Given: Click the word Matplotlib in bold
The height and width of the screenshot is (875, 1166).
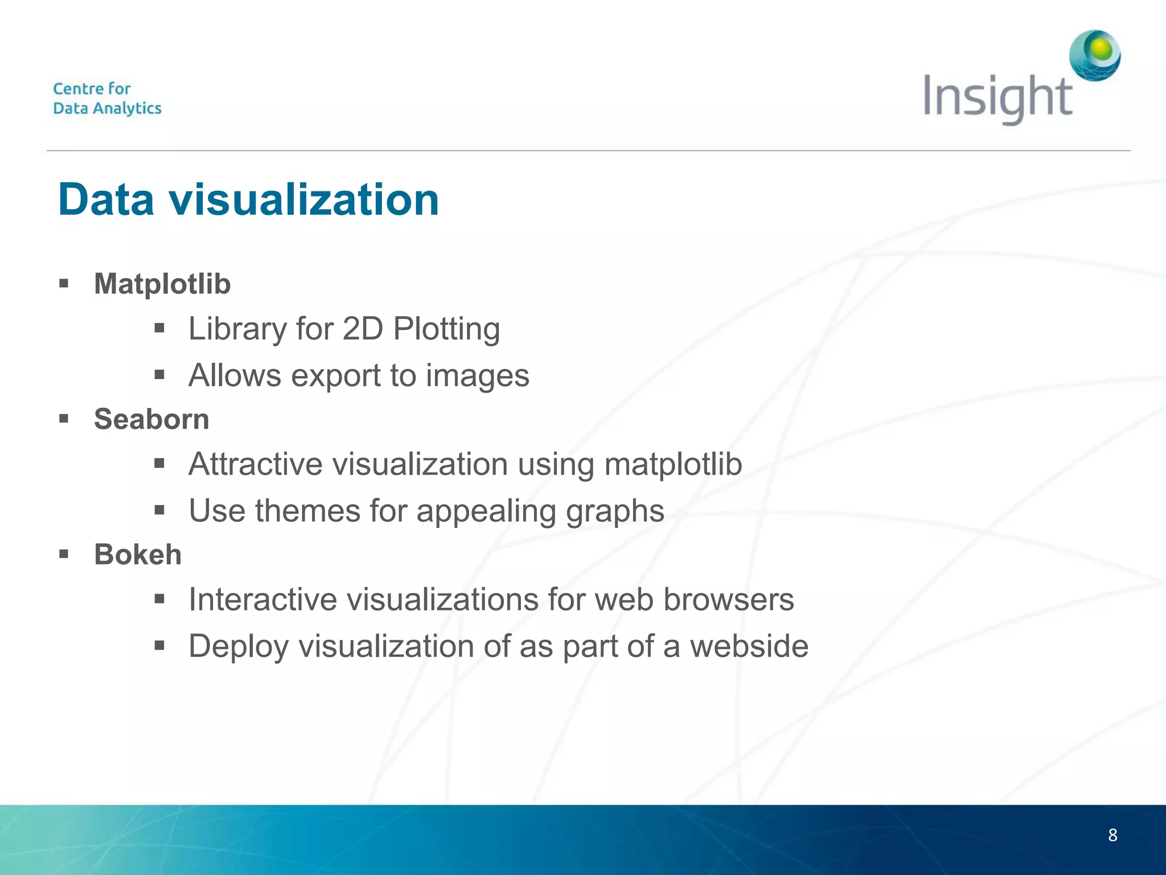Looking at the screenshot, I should click(162, 284).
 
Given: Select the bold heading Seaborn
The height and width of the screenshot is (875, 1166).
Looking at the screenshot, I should click(151, 419).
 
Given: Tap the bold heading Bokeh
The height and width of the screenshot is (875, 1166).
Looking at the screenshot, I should click(138, 554).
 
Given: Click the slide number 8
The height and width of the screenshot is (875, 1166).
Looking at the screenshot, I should click(1112, 835).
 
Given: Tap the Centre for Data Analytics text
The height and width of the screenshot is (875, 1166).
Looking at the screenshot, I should click(107, 99).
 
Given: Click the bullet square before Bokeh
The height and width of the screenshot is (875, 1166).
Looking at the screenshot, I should click(64, 554).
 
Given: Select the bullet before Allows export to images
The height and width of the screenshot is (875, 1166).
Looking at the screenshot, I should click(159, 375).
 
